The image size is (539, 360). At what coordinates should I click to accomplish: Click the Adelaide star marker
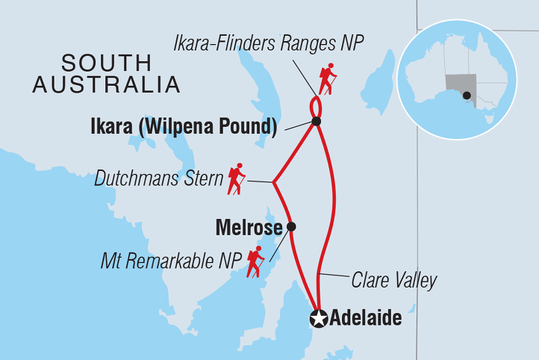coord(319,319)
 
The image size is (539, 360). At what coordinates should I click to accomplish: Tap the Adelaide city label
coord(367,319)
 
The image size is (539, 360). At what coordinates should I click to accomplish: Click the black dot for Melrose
coord(291,226)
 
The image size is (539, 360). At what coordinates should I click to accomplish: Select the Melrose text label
coord(247,226)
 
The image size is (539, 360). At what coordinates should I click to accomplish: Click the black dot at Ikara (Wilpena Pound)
coord(317,121)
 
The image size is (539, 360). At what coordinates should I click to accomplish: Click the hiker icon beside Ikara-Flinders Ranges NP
coord(328,78)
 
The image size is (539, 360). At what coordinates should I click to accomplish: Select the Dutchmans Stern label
coord(159,179)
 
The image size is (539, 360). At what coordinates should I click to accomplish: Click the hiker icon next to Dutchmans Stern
coord(237,178)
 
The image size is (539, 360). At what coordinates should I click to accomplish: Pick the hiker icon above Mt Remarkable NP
coord(256,261)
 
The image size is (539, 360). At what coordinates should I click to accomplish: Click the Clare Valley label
coord(394,281)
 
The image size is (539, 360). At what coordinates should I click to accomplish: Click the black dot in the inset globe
coord(466,95)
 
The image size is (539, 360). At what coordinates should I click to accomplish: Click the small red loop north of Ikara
coord(316,103)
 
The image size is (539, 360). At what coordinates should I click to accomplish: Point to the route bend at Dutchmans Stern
coord(274,182)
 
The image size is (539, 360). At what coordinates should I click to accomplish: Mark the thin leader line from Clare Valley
coord(334,279)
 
